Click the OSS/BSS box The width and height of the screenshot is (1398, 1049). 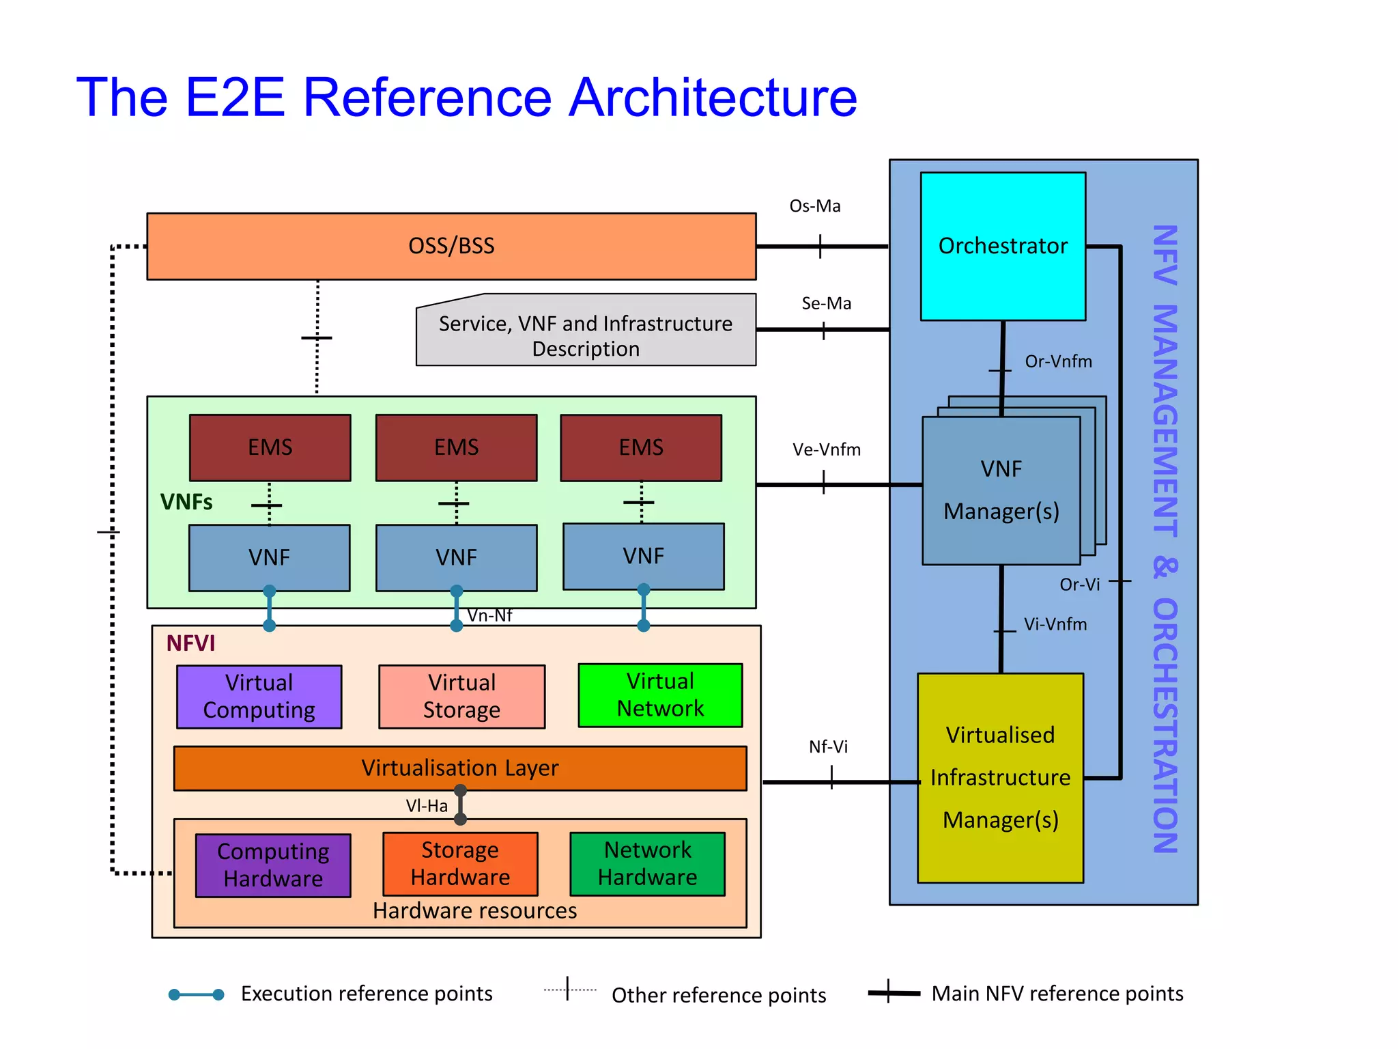coord(451,246)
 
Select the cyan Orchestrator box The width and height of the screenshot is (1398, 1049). coord(1002,246)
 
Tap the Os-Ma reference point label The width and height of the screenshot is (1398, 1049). coord(814,206)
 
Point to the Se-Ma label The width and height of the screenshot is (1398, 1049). coord(826,303)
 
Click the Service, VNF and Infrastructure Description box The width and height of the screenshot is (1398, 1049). coord(586,335)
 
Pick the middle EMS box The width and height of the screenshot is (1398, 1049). coord(456,447)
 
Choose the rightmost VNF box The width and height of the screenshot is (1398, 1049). coord(643,556)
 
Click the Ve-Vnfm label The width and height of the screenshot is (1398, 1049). coord(826,449)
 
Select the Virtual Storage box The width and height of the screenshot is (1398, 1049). coord(461,696)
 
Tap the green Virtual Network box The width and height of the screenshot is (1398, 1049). coord(659,695)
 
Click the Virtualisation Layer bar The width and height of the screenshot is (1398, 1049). coord(459,768)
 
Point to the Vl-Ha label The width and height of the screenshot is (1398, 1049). coord(427,806)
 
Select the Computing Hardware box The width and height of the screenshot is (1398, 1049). coord(273,865)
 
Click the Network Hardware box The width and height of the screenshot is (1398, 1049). coord(647,863)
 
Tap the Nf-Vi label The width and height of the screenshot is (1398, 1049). coord(828,746)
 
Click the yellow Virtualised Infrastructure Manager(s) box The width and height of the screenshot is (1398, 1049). coord(1000,777)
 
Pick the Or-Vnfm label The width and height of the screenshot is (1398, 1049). coord(1058,361)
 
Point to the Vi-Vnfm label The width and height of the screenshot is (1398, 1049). coord(1055,624)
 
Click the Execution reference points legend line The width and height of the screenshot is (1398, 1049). coord(197,994)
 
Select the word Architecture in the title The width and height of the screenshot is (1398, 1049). coord(713,97)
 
